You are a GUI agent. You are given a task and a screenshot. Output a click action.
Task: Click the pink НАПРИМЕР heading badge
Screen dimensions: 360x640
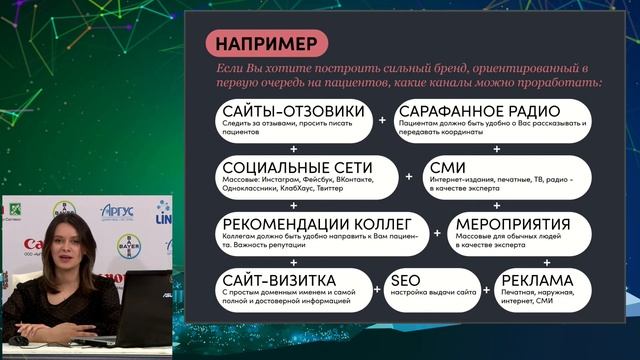269,44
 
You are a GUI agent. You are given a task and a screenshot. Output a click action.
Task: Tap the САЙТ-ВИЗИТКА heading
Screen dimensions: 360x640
279,280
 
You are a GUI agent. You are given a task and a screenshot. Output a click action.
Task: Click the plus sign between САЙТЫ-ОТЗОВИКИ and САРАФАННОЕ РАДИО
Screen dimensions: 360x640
382,119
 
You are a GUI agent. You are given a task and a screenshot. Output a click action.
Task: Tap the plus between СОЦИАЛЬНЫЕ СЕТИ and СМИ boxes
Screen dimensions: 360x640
409,176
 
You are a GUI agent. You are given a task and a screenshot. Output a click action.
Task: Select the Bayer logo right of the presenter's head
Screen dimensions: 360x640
127,243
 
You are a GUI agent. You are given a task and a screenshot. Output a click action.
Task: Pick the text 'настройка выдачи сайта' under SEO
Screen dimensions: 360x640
431,295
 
